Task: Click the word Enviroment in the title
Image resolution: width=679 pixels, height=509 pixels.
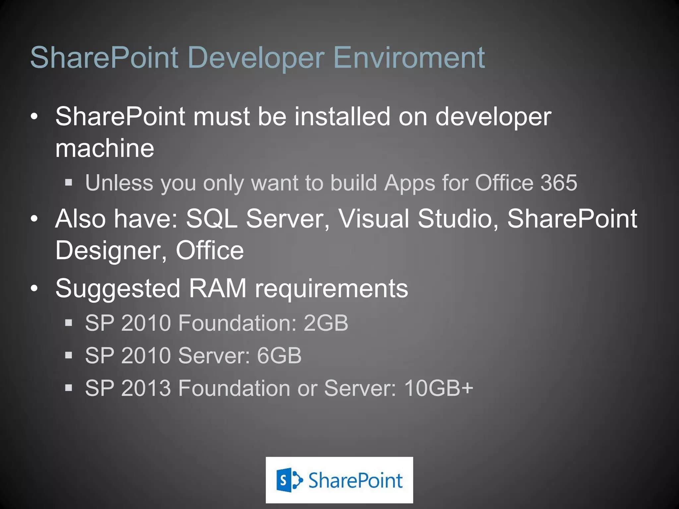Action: click(x=409, y=58)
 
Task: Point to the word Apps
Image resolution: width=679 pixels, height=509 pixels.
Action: click(x=409, y=184)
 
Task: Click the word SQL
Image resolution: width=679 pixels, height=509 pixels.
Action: click(x=212, y=219)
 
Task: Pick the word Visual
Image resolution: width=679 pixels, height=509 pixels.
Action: click(x=374, y=219)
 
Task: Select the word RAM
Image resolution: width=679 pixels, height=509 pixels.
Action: click(x=217, y=288)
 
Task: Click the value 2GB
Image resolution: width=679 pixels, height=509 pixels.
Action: click(x=326, y=323)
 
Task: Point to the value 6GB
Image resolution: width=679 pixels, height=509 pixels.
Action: click(x=279, y=356)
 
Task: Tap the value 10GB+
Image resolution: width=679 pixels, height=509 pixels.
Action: click(x=439, y=388)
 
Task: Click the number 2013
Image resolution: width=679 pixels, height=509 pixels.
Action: click(x=146, y=388)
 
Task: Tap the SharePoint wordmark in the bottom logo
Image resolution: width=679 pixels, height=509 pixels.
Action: click(x=355, y=481)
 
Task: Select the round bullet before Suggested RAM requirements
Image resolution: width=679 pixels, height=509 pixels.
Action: click(x=34, y=289)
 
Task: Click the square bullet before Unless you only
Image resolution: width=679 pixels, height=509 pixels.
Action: click(x=69, y=182)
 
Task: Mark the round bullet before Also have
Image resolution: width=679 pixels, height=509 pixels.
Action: click(x=34, y=219)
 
